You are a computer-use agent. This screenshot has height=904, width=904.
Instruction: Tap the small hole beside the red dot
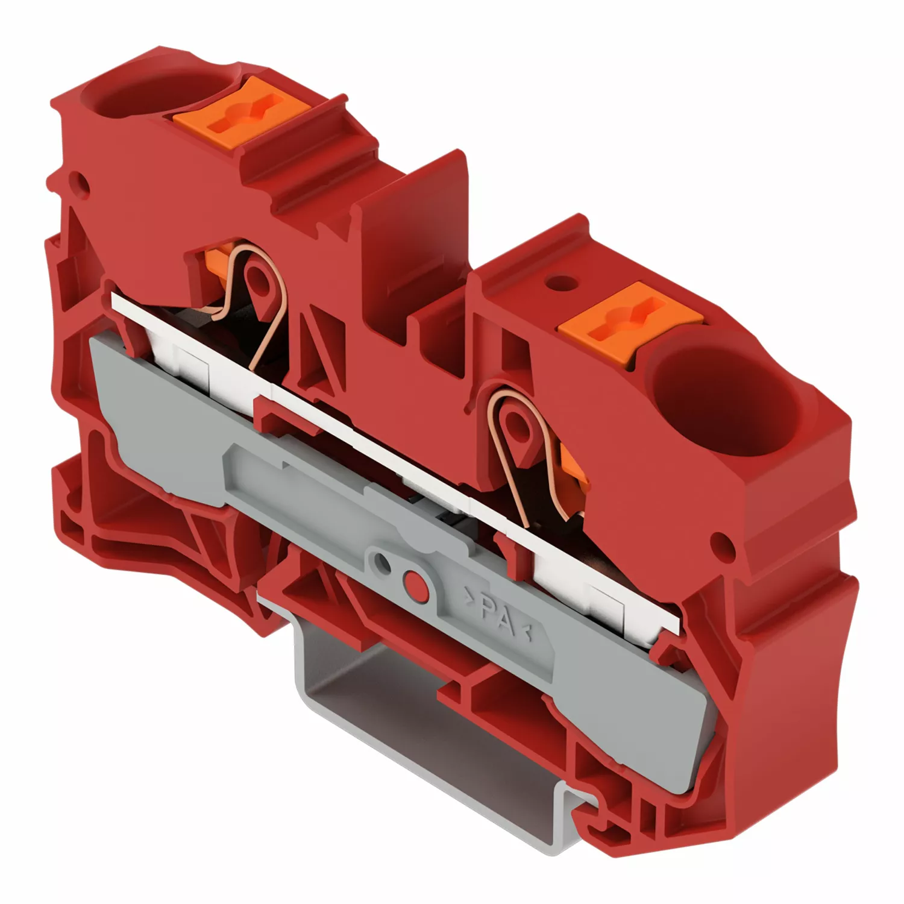point(381,562)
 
